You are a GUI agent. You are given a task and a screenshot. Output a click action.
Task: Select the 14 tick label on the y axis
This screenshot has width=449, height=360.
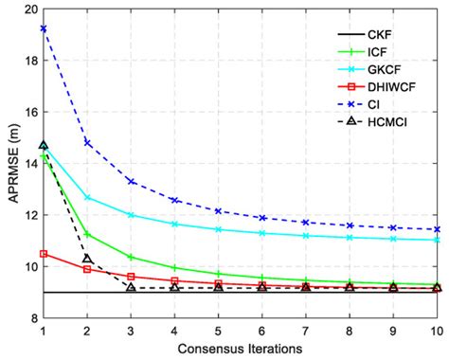click(28, 163)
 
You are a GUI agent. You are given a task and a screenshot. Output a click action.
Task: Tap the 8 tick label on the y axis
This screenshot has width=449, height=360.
click(31, 318)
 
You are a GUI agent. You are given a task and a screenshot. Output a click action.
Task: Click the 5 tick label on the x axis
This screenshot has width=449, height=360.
click(218, 331)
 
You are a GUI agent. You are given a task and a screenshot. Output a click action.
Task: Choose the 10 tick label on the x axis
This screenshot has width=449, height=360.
click(436, 331)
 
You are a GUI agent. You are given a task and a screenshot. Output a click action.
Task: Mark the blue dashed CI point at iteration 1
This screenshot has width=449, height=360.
click(44, 28)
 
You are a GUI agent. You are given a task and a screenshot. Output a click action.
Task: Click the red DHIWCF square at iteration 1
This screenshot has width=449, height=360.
click(44, 254)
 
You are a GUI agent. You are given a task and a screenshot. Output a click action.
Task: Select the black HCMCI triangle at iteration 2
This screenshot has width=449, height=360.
click(87, 259)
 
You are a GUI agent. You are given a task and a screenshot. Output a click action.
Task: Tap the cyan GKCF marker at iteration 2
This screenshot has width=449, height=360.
click(87, 198)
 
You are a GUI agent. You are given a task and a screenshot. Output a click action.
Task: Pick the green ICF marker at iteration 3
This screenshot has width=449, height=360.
click(131, 257)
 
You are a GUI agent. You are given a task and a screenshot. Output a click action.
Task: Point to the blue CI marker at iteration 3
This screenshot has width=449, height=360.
click(131, 181)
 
